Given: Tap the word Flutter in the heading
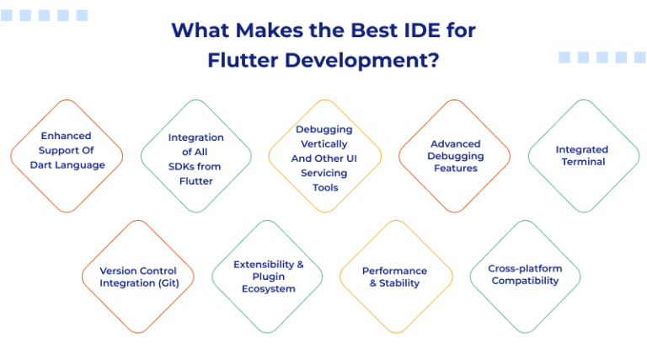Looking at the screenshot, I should (243, 61).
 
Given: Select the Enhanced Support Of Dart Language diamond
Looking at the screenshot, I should (67, 156).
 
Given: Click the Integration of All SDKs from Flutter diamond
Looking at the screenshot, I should (196, 156).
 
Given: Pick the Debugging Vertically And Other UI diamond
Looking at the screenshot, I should (324, 157).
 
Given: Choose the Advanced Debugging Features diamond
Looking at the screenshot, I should (455, 156).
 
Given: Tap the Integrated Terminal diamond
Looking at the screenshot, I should (583, 156).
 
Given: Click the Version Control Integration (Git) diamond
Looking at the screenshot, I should (138, 277).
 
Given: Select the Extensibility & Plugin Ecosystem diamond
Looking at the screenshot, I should (267, 277).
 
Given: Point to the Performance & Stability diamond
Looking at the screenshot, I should (395, 277).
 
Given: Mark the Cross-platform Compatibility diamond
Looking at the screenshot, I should (525, 276).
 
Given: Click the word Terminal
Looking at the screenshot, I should (583, 162).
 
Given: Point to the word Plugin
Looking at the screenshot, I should (268, 277).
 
